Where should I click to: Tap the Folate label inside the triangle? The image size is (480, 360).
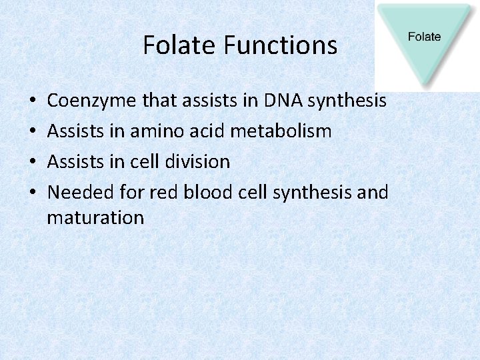click(x=424, y=37)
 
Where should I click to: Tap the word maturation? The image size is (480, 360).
click(x=95, y=218)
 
